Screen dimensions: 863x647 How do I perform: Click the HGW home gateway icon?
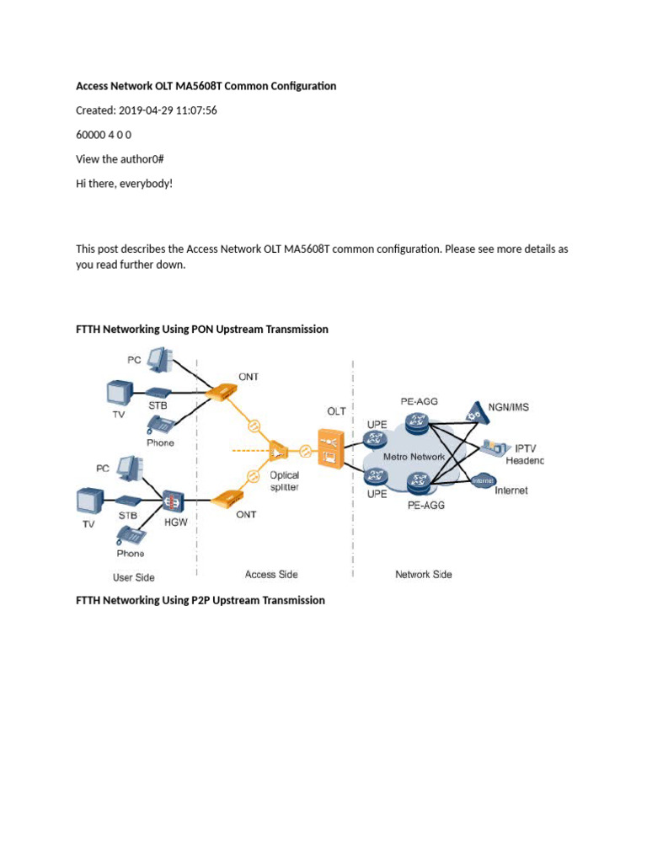(172, 500)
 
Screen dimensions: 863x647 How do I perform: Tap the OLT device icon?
(328, 448)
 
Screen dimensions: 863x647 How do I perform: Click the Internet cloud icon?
(483, 481)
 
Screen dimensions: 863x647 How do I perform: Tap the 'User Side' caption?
(134, 577)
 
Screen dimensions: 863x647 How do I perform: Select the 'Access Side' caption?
(272, 574)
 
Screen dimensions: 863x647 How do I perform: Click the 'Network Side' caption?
(423, 574)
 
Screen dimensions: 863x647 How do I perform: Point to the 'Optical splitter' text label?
(284, 481)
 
